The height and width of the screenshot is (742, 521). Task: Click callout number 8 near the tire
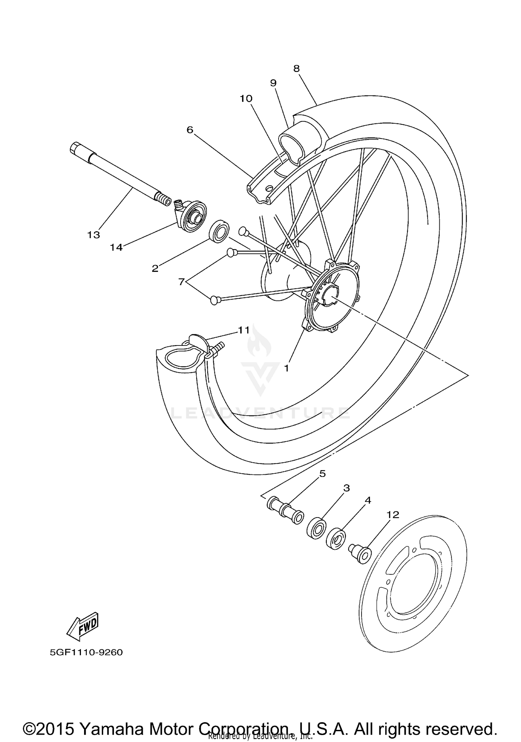[296, 68]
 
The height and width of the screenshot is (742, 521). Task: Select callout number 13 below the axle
[93, 235]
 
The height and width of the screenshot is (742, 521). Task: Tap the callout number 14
[116, 247]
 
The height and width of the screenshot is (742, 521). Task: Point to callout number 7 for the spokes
[181, 282]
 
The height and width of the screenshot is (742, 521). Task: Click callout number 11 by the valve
[243, 330]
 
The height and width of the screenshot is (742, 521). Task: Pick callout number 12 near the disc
[393, 515]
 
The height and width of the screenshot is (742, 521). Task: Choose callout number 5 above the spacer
[322, 474]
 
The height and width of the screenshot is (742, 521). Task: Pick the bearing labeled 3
[316, 528]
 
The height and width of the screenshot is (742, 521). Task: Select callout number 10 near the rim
[246, 98]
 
